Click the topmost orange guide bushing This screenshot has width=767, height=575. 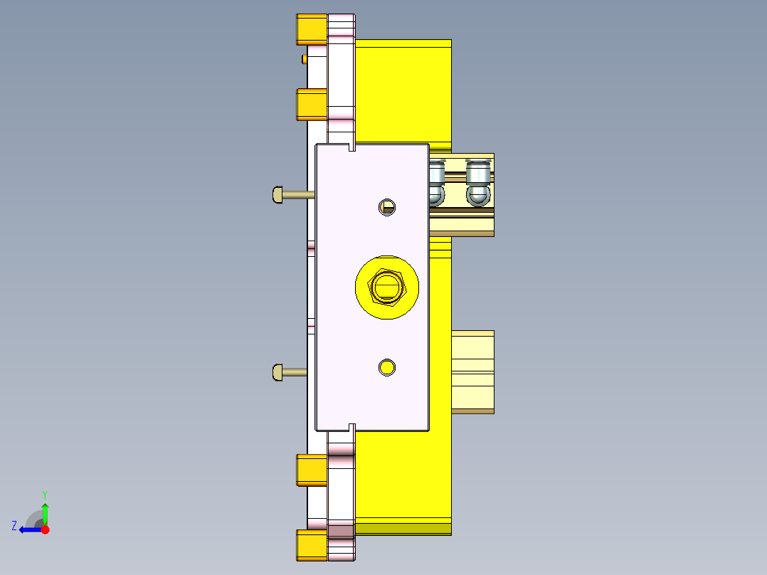point(312,29)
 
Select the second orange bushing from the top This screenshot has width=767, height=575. point(312,105)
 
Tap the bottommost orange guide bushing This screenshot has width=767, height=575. point(312,546)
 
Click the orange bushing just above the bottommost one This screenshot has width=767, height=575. point(312,470)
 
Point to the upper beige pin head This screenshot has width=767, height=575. point(277,194)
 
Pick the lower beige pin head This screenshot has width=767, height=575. point(277,371)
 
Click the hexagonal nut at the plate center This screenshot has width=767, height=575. point(386,287)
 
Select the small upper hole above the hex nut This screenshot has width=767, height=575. point(387,207)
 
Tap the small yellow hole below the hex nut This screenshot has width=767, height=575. point(387,367)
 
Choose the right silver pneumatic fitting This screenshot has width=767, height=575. point(478,183)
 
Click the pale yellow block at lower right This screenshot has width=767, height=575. point(473,371)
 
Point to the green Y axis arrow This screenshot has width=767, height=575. point(45,512)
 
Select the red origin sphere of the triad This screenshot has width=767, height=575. point(45,529)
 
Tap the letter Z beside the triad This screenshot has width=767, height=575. point(14,526)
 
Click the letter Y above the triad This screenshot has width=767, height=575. point(44,494)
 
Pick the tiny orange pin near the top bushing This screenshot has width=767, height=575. point(305,58)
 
